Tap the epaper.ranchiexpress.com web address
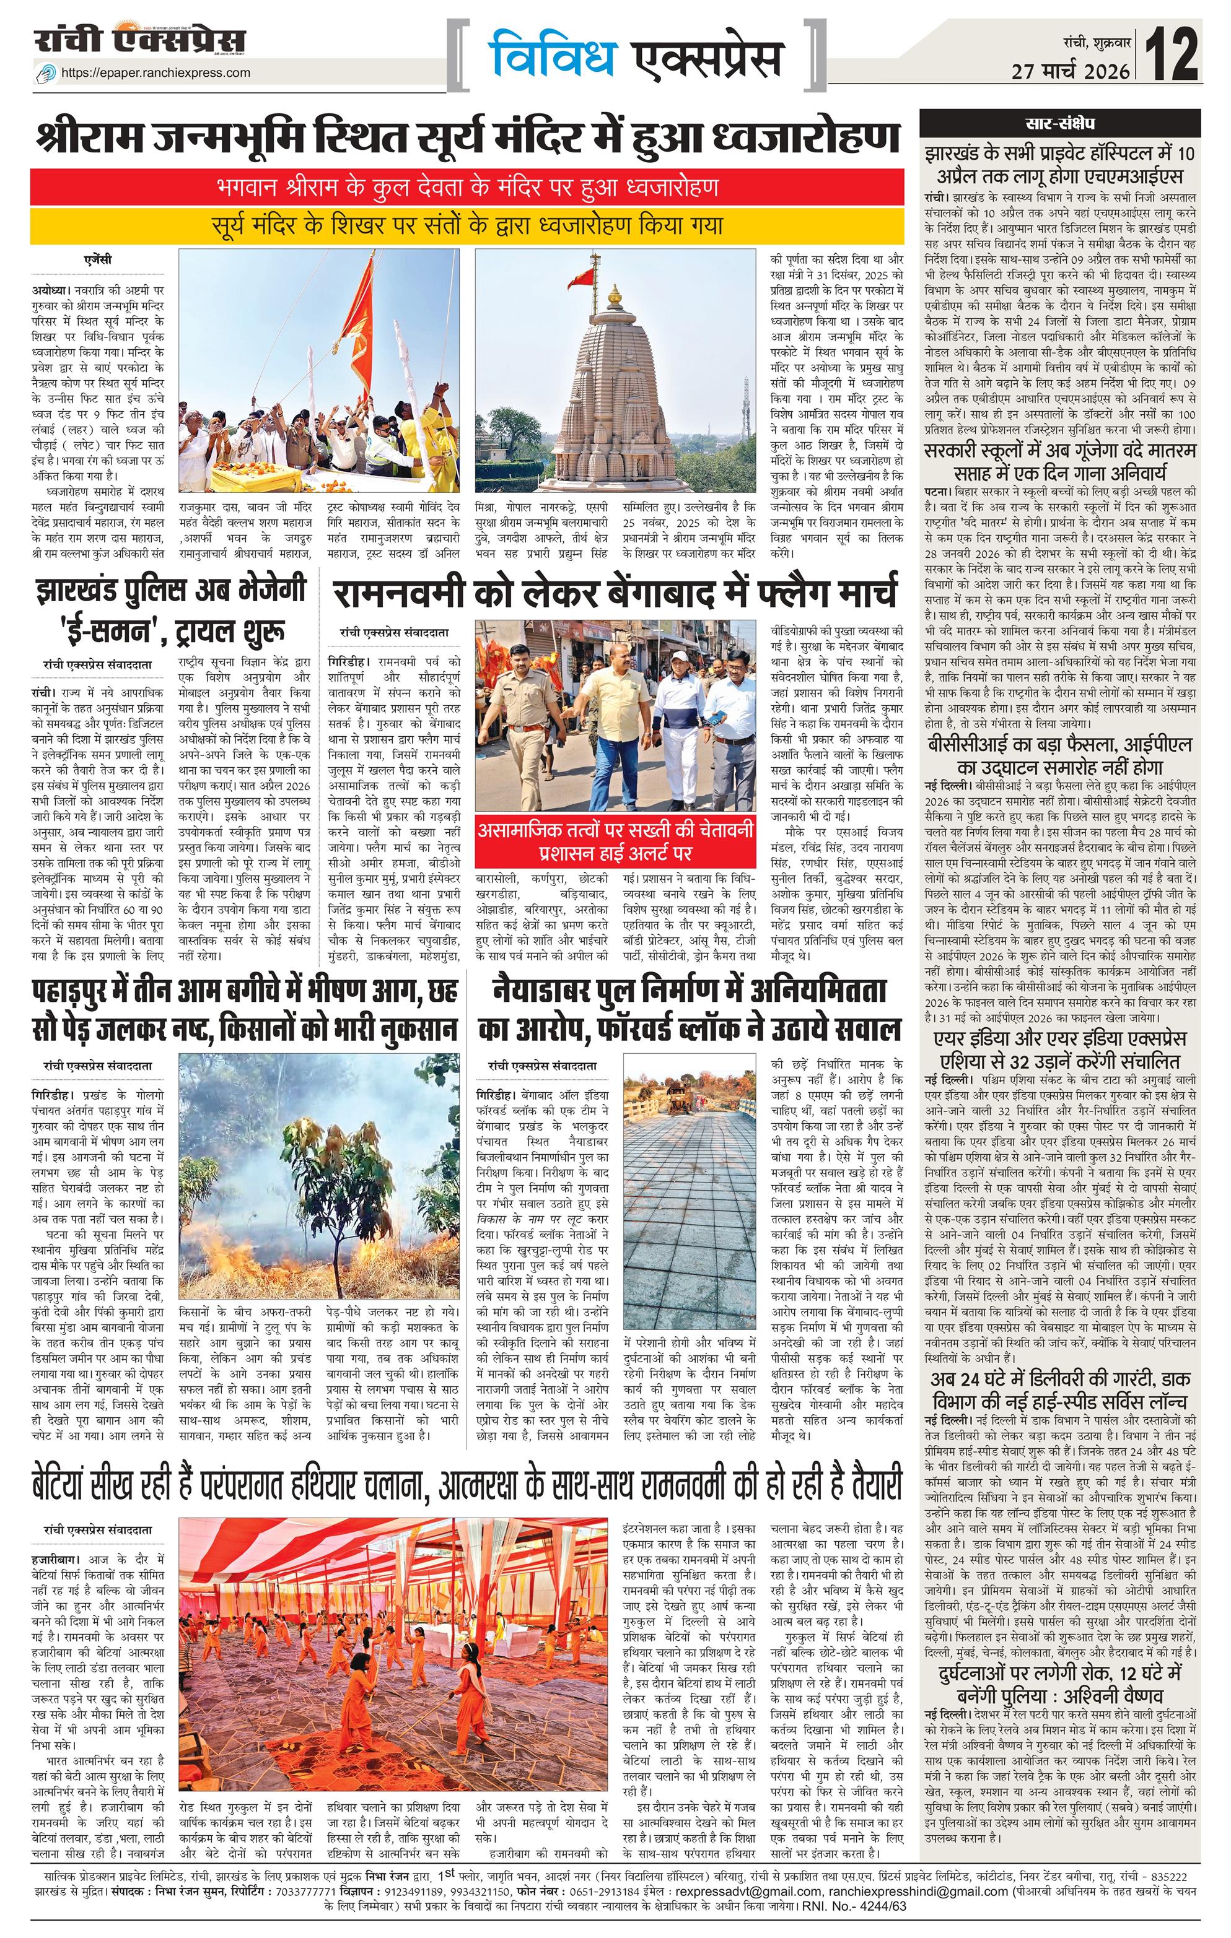pos(156,72)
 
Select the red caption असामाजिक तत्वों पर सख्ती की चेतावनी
pos(615,840)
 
